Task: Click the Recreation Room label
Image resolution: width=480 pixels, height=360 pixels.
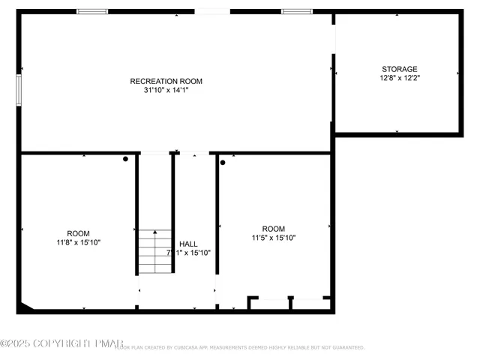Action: click(166, 81)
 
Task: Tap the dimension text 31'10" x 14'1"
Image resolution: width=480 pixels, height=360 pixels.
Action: click(166, 91)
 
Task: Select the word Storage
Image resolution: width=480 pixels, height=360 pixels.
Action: click(399, 69)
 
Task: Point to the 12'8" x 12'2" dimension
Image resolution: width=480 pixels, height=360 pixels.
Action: click(399, 78)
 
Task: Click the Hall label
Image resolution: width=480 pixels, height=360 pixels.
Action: click(188, 244)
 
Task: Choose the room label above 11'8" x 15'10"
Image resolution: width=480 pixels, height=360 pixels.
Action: click(78, 233)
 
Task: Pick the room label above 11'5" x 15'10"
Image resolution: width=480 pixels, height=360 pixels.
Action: click(273, 229)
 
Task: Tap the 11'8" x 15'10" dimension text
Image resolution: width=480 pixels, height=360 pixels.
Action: click(78, 242)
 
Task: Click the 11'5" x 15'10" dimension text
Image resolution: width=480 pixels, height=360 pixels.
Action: click(273, 238)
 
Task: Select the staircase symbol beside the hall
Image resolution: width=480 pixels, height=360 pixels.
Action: click(154, 253)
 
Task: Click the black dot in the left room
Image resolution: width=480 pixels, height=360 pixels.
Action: click(126, 159)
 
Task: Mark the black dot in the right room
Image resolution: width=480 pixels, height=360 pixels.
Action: click(223, 161)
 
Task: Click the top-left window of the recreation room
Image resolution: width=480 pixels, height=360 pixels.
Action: click(92, 11)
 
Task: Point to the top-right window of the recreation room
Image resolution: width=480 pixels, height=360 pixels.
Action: click(296, 11)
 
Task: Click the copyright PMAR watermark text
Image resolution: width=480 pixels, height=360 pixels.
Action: click(61, 343)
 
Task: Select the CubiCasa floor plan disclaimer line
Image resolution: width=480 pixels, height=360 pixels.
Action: click(240, 348)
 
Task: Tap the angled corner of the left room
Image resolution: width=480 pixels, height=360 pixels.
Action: click(25, 307)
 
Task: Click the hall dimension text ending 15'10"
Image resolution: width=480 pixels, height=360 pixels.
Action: click(188, 253)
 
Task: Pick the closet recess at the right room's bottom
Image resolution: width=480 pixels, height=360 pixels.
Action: click(290, 303)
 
